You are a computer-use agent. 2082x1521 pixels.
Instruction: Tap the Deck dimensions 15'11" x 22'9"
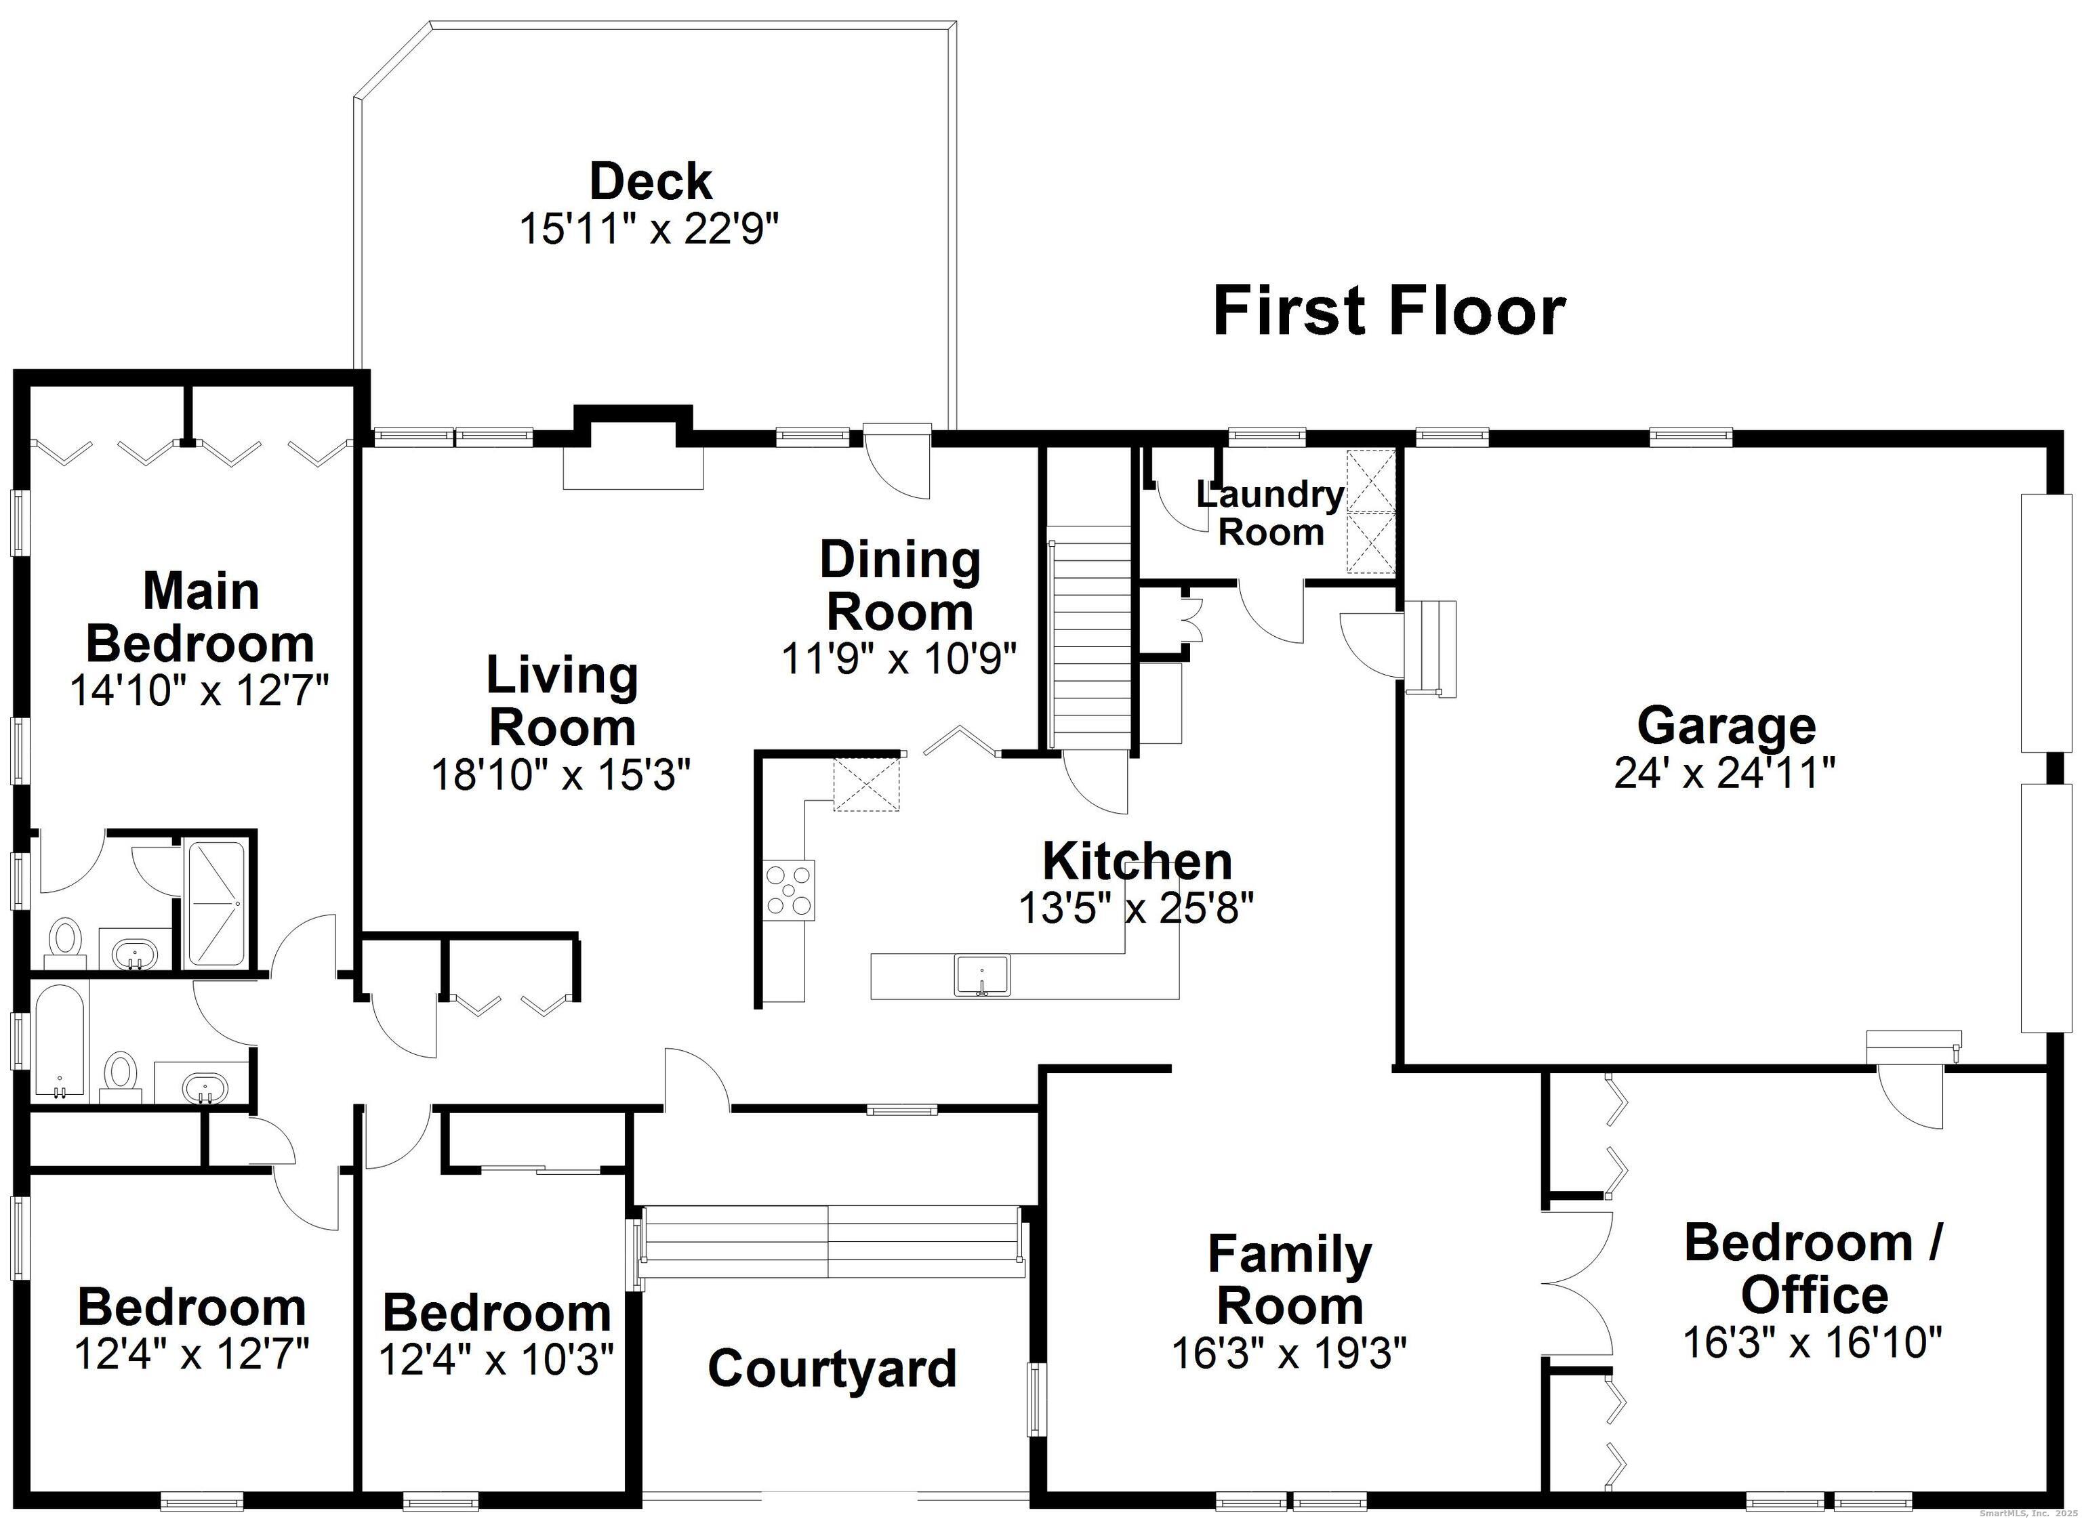650,229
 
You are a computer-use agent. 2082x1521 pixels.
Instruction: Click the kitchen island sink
981,975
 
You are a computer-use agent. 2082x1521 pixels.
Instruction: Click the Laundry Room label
1271,513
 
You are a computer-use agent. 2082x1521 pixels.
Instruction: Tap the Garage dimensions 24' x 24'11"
1725,772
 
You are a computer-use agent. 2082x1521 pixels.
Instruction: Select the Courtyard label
832,1367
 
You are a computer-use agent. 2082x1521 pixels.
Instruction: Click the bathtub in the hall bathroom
59,1041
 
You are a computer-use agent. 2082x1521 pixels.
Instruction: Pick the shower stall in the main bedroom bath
216,902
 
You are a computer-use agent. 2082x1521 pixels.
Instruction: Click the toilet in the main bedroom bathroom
64,939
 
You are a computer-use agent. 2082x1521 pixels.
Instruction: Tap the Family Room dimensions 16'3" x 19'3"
1289,1352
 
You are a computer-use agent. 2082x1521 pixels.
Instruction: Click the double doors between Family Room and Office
1576,1283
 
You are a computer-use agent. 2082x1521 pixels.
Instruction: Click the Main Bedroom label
201,617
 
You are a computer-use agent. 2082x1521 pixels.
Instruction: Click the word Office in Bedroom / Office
1814,1295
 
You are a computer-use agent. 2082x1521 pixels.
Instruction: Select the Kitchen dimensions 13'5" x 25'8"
1137,908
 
